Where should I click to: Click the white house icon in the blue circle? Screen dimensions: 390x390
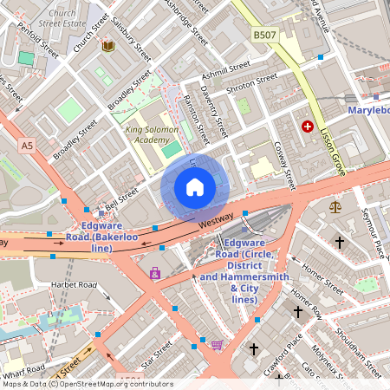[195, 186]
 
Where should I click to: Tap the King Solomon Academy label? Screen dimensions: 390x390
[152, 134]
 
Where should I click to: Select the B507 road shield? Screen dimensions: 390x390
[265, 34]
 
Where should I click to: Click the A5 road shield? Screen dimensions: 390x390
[27, 145]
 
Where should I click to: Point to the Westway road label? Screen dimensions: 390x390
[215, 222]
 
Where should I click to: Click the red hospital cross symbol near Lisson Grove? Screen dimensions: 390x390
[307, 127]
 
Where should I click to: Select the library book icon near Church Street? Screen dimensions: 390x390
[108, 45]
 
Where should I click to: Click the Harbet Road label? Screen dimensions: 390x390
[75, 284]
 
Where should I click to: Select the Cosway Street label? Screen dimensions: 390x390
[284, 165]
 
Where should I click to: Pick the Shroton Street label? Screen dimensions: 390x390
[252, 79]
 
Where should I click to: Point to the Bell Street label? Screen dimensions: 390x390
[120, 202]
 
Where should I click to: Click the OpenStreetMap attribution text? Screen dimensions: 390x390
[87, 384]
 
